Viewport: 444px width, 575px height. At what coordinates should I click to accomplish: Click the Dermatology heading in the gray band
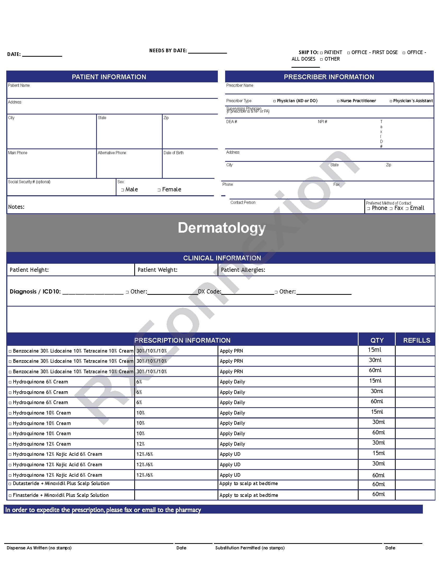click(222, 228)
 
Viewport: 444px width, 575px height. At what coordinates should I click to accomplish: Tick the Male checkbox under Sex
click(122, 190)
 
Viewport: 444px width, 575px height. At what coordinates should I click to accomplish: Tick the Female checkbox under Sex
click(159, 190)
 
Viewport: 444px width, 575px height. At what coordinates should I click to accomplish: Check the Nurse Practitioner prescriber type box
click(338, 101)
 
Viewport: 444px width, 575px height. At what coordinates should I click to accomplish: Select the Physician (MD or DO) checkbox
click(274, 101)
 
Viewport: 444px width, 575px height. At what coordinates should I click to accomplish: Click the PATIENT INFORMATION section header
click(109, 77)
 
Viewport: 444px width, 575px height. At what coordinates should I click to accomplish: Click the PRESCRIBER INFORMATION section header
click(329, 77)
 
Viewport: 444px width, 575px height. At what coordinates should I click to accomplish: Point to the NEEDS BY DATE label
click(168, 50)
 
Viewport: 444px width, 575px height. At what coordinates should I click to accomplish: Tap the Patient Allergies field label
click(243, 270)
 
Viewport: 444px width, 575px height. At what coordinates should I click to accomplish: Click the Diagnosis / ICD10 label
click(35, 291)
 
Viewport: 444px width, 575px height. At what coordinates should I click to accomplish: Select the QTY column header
click(377, 340)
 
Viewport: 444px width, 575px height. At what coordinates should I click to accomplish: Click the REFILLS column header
click(417, 340)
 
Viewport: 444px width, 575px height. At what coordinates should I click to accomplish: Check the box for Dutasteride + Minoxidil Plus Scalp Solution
click(10, 484)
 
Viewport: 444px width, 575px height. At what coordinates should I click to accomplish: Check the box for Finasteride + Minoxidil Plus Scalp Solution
click(10, 496)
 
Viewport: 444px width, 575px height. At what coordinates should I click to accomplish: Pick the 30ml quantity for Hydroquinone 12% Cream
click(378, 443)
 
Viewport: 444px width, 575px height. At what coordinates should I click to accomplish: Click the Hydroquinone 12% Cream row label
click(42, 444)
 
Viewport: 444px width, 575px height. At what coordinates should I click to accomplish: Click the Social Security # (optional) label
click(29, 182)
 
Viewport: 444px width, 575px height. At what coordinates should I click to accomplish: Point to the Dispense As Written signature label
click(39, 548)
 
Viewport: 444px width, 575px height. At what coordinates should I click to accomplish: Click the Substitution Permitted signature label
click(250, 548)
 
